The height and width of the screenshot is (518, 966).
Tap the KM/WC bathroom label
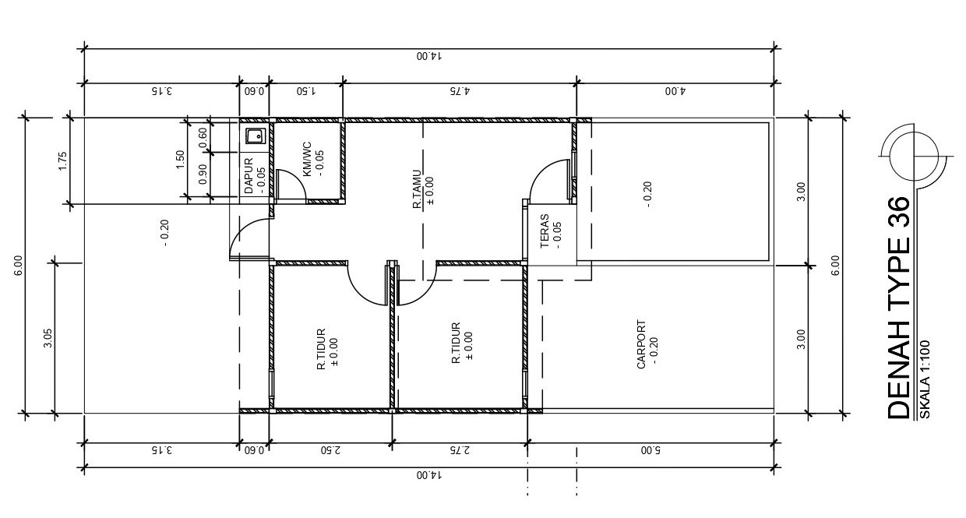click(307, 158)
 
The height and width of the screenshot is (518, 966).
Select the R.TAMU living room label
click(418, 189)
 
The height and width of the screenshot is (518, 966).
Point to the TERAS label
click(545, 231)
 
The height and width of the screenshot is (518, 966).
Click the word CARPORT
click(641, 344)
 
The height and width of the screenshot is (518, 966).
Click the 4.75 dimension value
click(460, 90)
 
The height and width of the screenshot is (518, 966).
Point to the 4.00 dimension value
click(674, 90)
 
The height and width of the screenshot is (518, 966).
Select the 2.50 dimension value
click(330, 450)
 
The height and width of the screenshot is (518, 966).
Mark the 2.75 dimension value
click(460, 450)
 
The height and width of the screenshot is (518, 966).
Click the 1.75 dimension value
click(63, 160)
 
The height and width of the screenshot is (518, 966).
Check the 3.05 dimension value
click(48, 338)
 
